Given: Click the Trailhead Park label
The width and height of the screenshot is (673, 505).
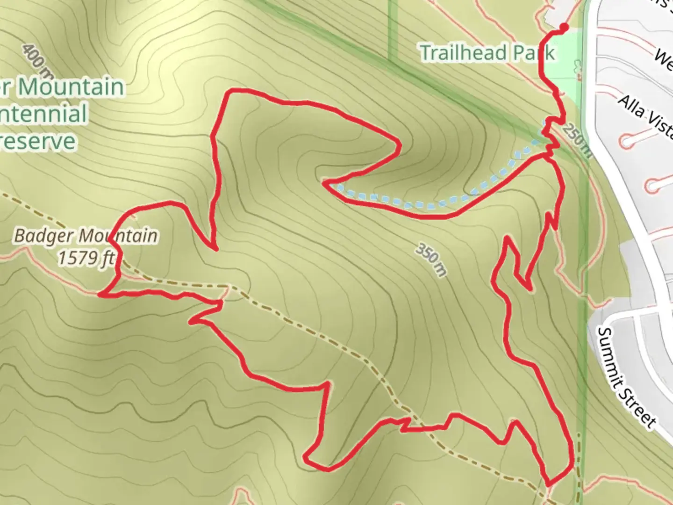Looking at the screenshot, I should click(487, 52).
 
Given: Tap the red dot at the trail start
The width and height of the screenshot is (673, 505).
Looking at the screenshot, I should click(564, 28).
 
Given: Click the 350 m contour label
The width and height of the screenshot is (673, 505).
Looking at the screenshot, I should click(431, 260).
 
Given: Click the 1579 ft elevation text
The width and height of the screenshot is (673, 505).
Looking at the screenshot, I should click(86, 258).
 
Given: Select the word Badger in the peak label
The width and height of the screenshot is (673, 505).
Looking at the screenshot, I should click(44, 235).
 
